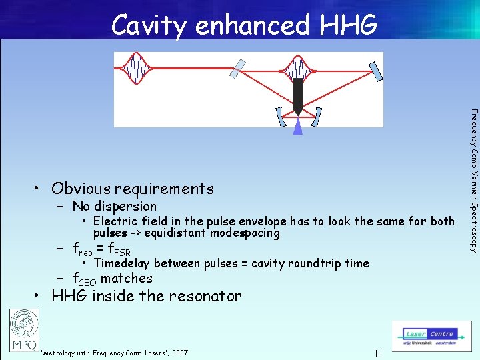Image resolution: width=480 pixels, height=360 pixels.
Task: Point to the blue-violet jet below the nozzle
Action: tap(298, 127)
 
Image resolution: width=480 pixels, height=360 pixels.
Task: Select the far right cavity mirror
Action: tap(377, 68)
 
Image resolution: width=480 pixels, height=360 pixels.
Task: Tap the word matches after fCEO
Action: tap(126, 278)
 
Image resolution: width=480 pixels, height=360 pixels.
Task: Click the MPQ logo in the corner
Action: tap(24, 331)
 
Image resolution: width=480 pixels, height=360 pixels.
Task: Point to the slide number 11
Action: tap(378, 353)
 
